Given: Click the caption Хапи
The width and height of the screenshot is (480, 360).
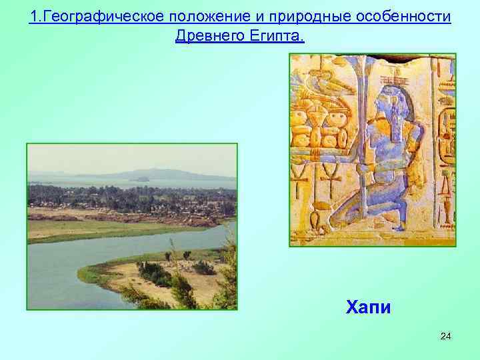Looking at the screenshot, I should (368, 307).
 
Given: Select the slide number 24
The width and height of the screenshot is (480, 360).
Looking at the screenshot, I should (445, 336).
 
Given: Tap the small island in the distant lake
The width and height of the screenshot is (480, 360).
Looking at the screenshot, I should (141, 179).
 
